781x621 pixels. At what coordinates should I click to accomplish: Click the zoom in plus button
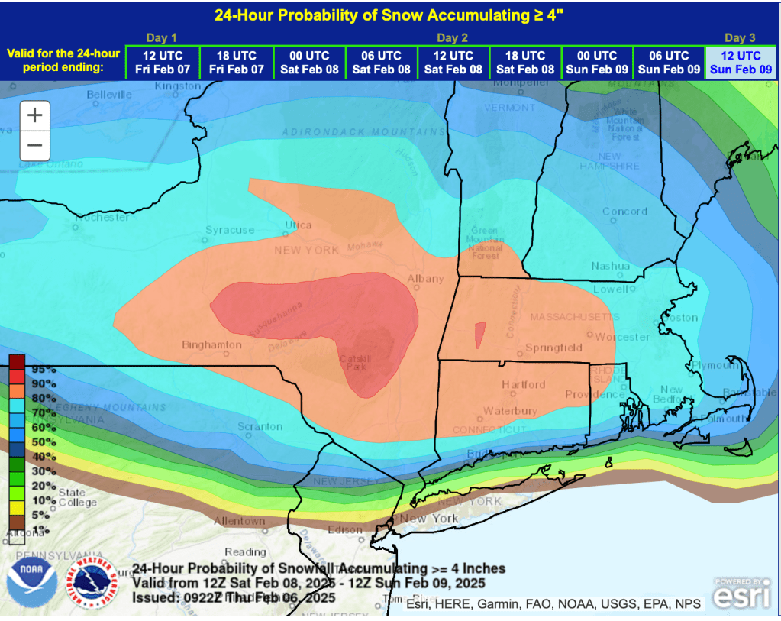point(35,116)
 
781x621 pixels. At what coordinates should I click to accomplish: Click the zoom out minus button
point(35,145)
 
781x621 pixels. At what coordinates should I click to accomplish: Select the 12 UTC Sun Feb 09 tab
point(741,62)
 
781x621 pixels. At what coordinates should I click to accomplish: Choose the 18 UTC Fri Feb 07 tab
point(236,62)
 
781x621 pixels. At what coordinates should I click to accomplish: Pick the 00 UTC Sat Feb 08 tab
point(308,62)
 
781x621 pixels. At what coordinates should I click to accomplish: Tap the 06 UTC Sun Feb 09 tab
point(669,62)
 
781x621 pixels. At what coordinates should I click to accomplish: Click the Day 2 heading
point(452,37)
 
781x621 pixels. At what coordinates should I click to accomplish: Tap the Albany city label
point(425,279)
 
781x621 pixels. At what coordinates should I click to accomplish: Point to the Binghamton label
point(211,345)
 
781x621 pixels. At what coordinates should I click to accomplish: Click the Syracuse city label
point(230,230)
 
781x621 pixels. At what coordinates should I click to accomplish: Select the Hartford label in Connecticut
point(523,384)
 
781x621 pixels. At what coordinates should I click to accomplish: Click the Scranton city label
point(260,426)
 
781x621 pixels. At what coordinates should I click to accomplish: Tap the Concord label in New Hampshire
point(624,212)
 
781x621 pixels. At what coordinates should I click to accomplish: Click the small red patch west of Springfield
point(479,335)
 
